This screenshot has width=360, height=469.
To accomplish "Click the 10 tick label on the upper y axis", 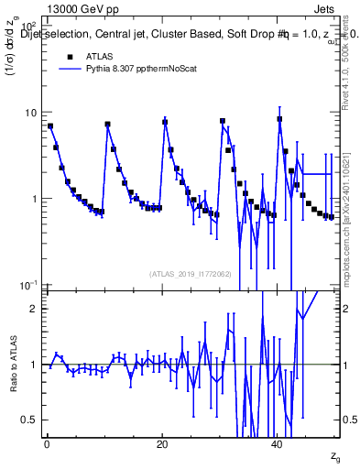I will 29,113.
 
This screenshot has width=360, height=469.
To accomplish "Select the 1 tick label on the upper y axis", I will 33,199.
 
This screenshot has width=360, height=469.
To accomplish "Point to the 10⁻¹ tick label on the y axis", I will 27,285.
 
